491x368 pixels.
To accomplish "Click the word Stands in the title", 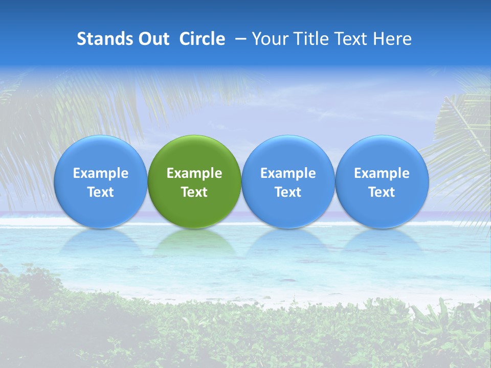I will pyautogui.click(x=104, y=39).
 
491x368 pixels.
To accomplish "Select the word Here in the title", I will pyautogui.click(x=392, y=39).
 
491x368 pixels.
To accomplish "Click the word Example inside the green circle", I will pyautogui.click(x=194, y=173).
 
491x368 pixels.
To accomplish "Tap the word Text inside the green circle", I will pyautogui.click(x=194, y=192).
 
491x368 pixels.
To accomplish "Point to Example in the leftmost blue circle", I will pyautogui.click(x=101, y=173).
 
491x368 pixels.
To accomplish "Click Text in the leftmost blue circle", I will pyautogui.click(x=101, y=192).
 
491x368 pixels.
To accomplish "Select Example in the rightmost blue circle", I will pyautogui.click(x=382, y=173).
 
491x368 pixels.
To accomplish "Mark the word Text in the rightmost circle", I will pyautogui.click(x=382, y=192).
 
